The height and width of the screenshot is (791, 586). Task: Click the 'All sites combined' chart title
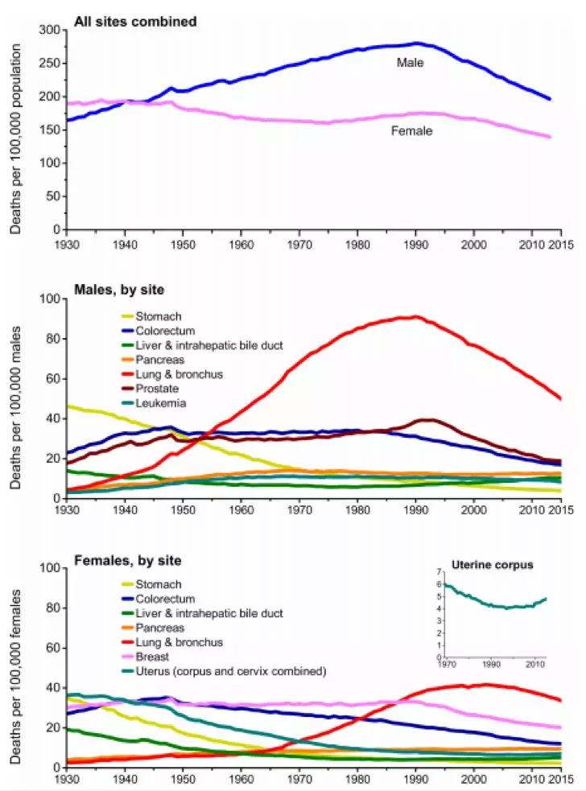135,22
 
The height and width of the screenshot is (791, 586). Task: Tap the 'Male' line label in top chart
410,61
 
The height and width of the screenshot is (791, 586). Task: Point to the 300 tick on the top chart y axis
50,30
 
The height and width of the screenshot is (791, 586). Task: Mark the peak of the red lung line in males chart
415,316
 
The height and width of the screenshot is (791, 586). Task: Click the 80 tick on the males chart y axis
53,339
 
